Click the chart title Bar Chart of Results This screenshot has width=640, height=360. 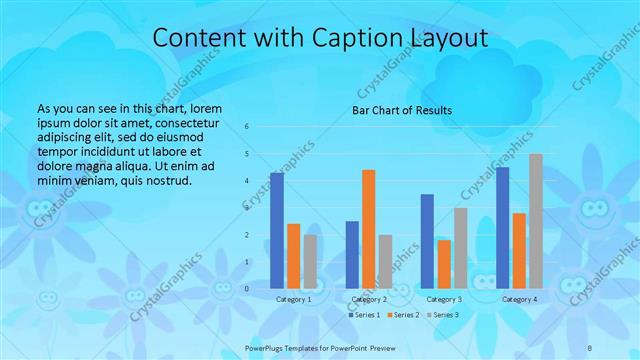402,110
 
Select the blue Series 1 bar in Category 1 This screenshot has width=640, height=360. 277,230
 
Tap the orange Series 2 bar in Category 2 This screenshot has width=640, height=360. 368,229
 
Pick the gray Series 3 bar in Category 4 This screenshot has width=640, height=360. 536,221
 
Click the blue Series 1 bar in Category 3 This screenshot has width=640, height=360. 427,241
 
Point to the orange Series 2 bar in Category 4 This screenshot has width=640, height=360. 519,250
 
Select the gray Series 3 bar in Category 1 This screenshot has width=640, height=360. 310,261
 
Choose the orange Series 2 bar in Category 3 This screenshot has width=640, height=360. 444,264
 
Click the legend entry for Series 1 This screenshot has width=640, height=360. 363,315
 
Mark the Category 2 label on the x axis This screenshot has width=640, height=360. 369,299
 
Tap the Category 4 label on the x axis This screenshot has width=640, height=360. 519,299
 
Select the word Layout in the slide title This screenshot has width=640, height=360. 449,38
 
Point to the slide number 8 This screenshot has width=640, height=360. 591,345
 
